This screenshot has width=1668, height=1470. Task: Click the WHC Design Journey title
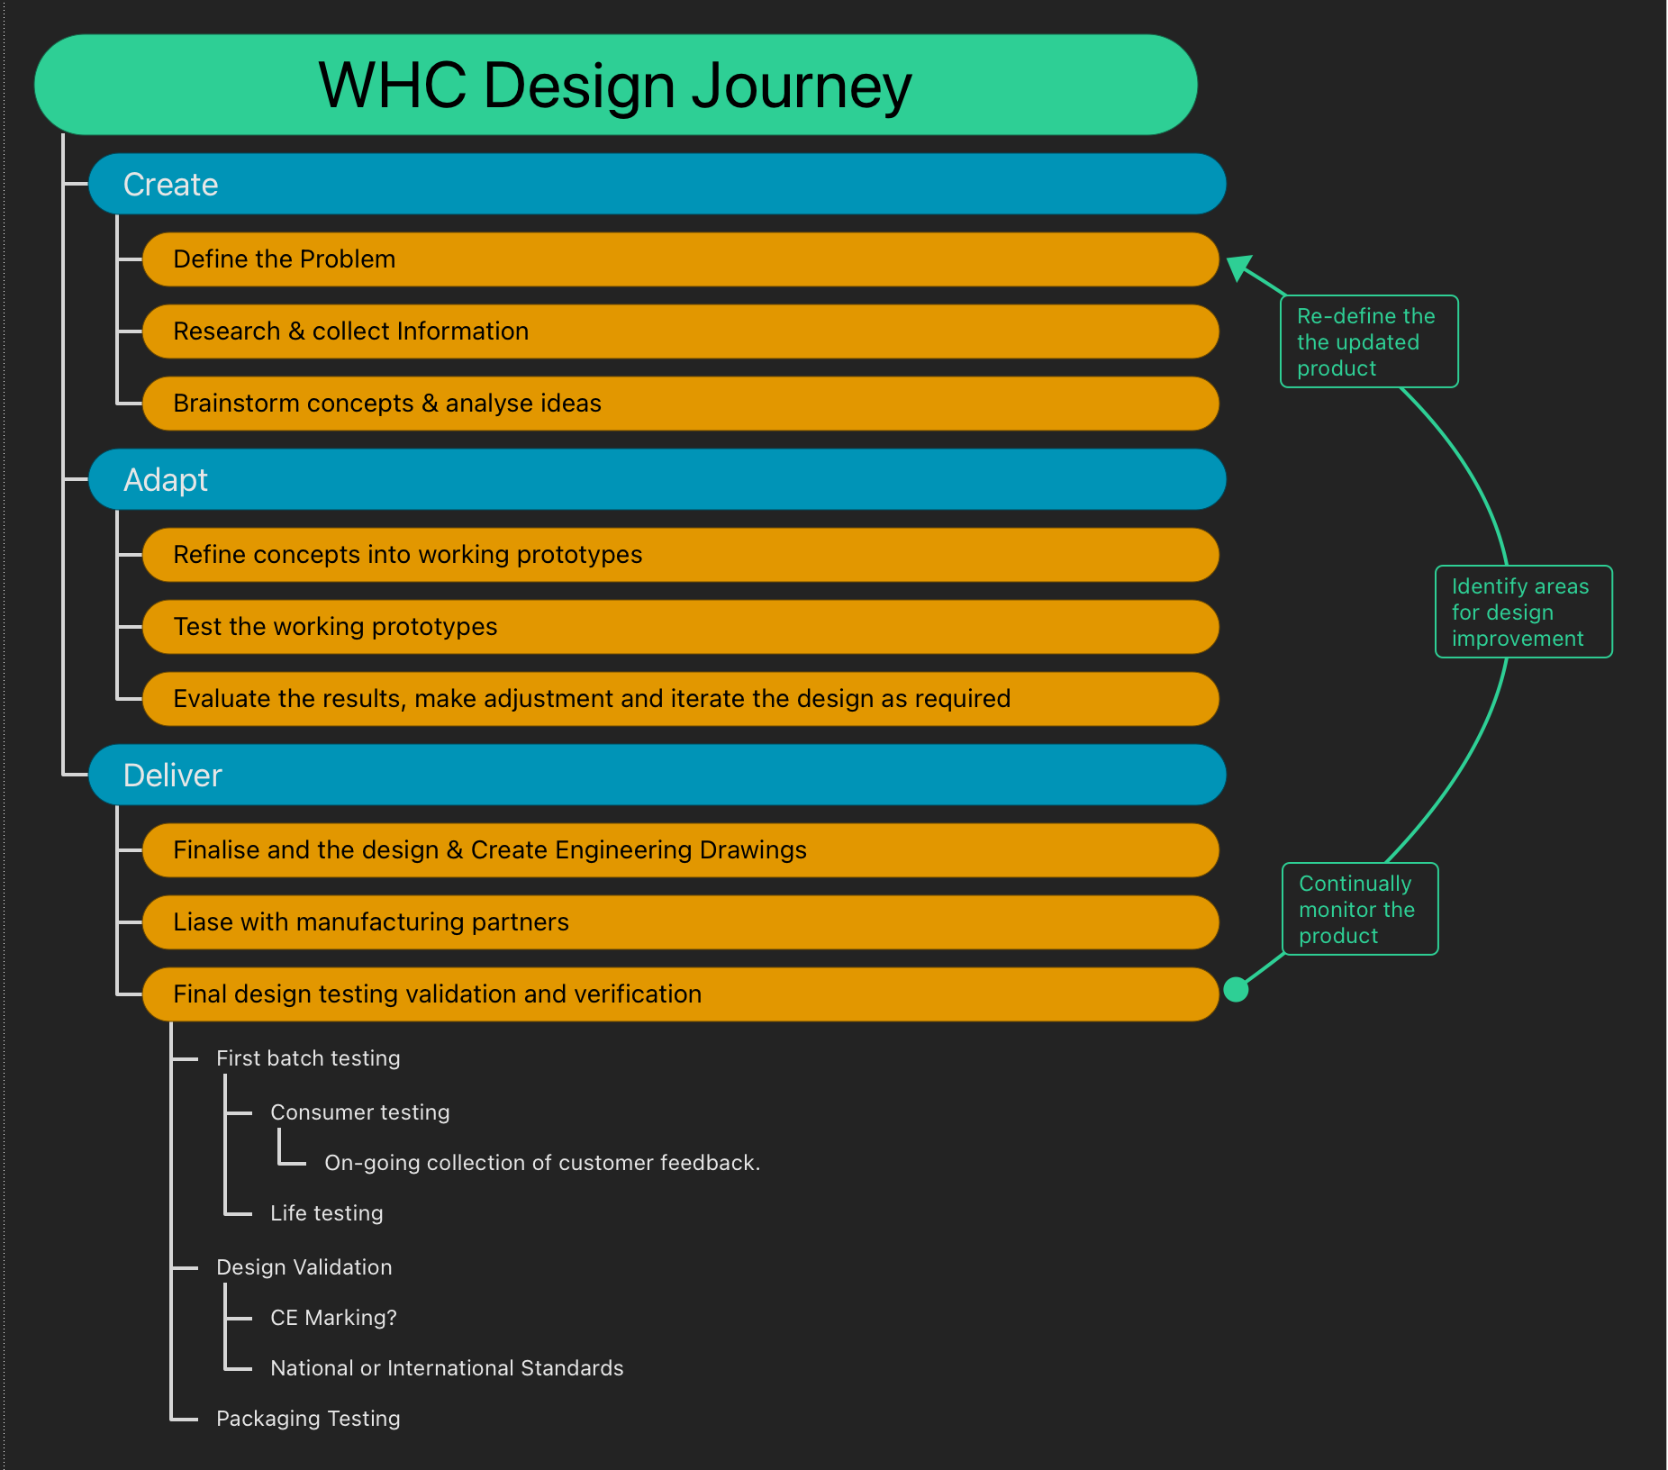pyautogui.click(x=615, y=86)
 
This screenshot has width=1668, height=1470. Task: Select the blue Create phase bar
pyautogui.click(x=657, y=185)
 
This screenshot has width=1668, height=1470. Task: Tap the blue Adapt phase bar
pyautogui.click(x=657, y=480)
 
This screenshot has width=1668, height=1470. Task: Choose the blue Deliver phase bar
pyautogui.click(x=657, y=776)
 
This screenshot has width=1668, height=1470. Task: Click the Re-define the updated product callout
pyautogui.click(x=1368, y=342)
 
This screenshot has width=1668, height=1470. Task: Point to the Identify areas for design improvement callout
pyautogui.click(x=1523, y=612)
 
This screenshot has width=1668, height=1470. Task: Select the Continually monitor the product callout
pyautogui.click(x=1359, y=910)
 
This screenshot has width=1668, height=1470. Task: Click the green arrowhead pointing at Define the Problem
pyautogui.click(x=1240, y=267)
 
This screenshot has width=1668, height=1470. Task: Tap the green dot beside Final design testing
pyautogui.click(x=1237, y=990)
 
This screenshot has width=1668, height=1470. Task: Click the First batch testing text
pyautogui.click(x=308, y=1058)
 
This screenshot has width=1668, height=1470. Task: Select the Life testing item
pyautogui.click(x=326, y=1213)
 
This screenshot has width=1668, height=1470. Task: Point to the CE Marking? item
pyautogui.click(x=333, y=1318)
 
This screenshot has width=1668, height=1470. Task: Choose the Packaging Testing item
pyautogui.click(x=308, y=1419)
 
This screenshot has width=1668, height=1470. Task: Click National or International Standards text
pyautogui.click(x=447, y=1368)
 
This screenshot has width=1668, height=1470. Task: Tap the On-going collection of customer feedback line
pyautogui.click(x=542, y=1163)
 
